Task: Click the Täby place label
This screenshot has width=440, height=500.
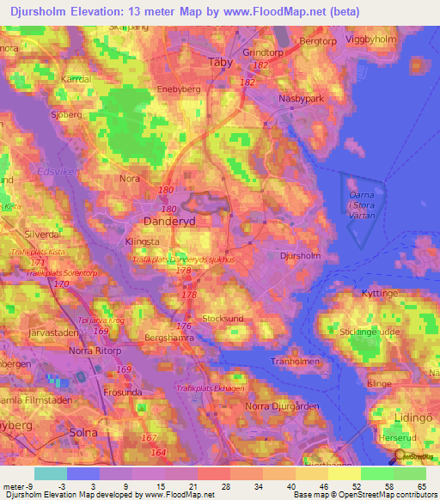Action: click(x=221, y=62)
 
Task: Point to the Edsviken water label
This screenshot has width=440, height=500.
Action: click(x=54, y=171)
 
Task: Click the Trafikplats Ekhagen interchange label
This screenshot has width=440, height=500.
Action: click(x=211, y=387)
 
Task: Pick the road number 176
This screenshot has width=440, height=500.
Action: click(x=183, y=326)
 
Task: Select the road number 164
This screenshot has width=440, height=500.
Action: click(x=156, y=452)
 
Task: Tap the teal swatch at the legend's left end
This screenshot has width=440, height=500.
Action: click(x=51, y=473)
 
